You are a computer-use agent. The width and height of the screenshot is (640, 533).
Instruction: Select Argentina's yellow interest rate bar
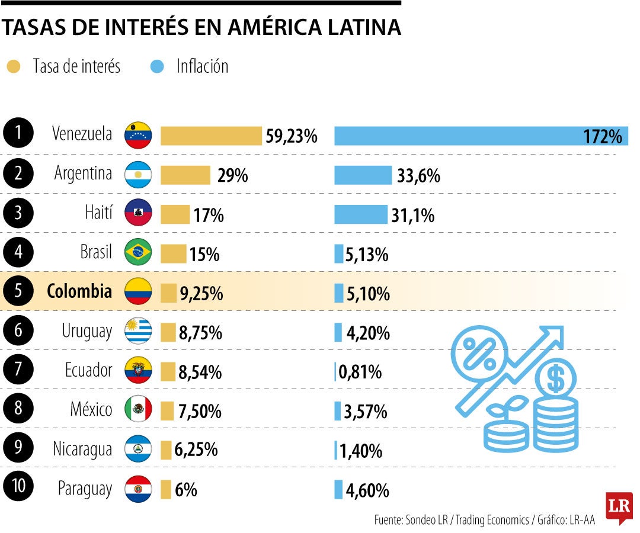[x=185, y=175]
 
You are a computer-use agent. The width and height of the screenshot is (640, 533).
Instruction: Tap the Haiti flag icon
[x=138, y=213]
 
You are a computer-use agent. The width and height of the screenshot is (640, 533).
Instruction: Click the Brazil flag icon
[x=138, y=253]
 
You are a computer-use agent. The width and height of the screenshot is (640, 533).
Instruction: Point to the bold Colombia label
[x=79, y=291]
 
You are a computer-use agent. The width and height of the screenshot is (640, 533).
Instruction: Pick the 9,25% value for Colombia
[x=201, y=293]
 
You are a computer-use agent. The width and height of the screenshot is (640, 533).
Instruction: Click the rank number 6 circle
[x=17, y=330]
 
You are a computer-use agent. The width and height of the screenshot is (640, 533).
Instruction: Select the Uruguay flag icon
[x=138, y=331]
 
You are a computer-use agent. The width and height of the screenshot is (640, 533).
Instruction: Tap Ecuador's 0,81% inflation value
[x=360, y=372]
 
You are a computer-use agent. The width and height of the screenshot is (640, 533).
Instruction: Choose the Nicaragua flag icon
[x=138, y=449]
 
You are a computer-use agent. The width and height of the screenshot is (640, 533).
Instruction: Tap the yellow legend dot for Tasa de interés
[x=13, y=66]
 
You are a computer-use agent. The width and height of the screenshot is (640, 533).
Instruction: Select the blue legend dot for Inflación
[x=157, y=66]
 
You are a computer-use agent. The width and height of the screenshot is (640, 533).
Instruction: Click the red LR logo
[x=619, y=507]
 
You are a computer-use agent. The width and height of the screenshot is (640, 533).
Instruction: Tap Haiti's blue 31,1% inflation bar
[x=360, y=214]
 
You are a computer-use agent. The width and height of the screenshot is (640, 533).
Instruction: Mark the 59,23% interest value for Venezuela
[x=292, y=137]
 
